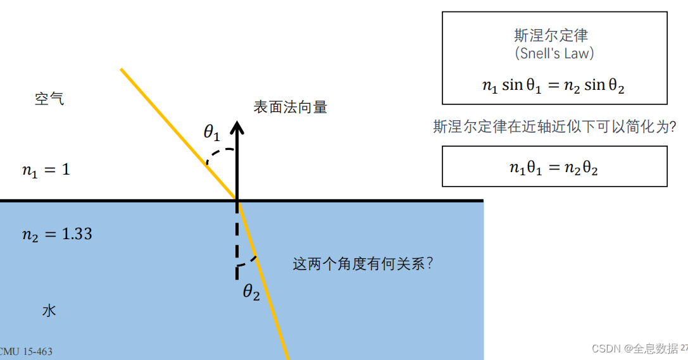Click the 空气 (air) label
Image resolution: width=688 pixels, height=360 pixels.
click(x=49, y=99)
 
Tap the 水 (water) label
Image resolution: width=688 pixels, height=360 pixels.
click(x=49, y=310)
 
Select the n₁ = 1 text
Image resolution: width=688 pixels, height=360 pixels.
click(x=46, y=170)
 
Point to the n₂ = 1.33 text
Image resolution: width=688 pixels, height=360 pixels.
click(x=57, y=234)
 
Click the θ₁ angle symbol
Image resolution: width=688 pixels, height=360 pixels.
click(x=211, y=132)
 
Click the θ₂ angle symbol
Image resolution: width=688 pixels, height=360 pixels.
click(x=251, y=292)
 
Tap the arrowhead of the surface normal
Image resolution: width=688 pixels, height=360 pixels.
click(x=237, y=127)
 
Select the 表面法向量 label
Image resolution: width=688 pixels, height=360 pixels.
click(x=290, y=108)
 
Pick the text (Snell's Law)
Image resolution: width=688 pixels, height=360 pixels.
click(x=554, y=54)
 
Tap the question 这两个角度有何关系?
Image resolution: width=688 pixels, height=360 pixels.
click(x=363, y=264)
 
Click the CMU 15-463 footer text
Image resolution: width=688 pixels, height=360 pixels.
click(x=27, y=352)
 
